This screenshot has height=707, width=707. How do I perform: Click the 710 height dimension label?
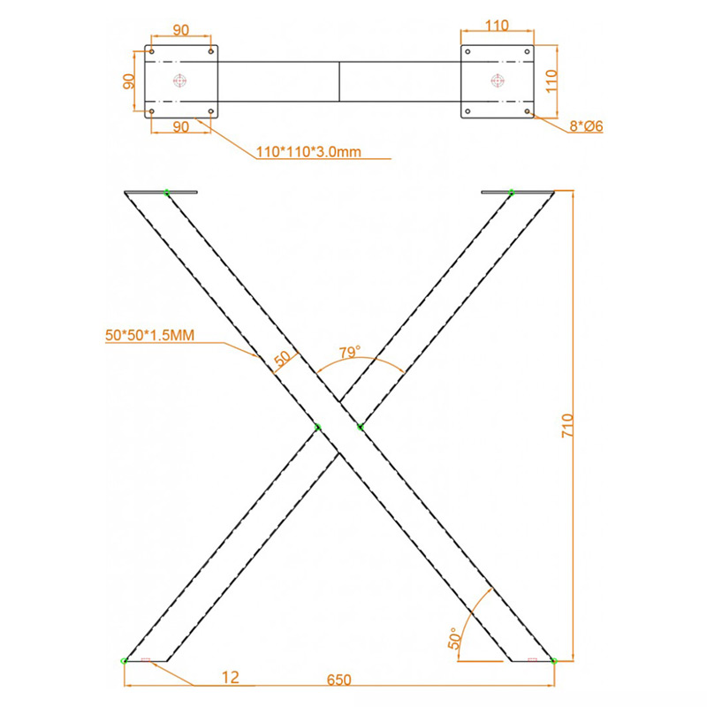coord(567,426)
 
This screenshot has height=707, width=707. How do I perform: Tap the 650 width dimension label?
coord(338,680)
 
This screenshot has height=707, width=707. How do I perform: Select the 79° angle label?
coord(350,352)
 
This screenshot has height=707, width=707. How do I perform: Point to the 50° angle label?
coord(455,638)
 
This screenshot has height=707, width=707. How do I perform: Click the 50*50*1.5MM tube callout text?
coord(149,335)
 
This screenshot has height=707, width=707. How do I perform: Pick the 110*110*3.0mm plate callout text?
coord(308,151)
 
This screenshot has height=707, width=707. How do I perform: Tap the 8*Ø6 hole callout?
coord(586,126)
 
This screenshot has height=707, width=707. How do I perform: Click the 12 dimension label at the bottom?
coord(230,677)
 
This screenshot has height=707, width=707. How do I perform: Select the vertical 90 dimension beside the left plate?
coord(129,81)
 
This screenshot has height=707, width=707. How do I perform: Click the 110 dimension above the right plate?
coord(497,26)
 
